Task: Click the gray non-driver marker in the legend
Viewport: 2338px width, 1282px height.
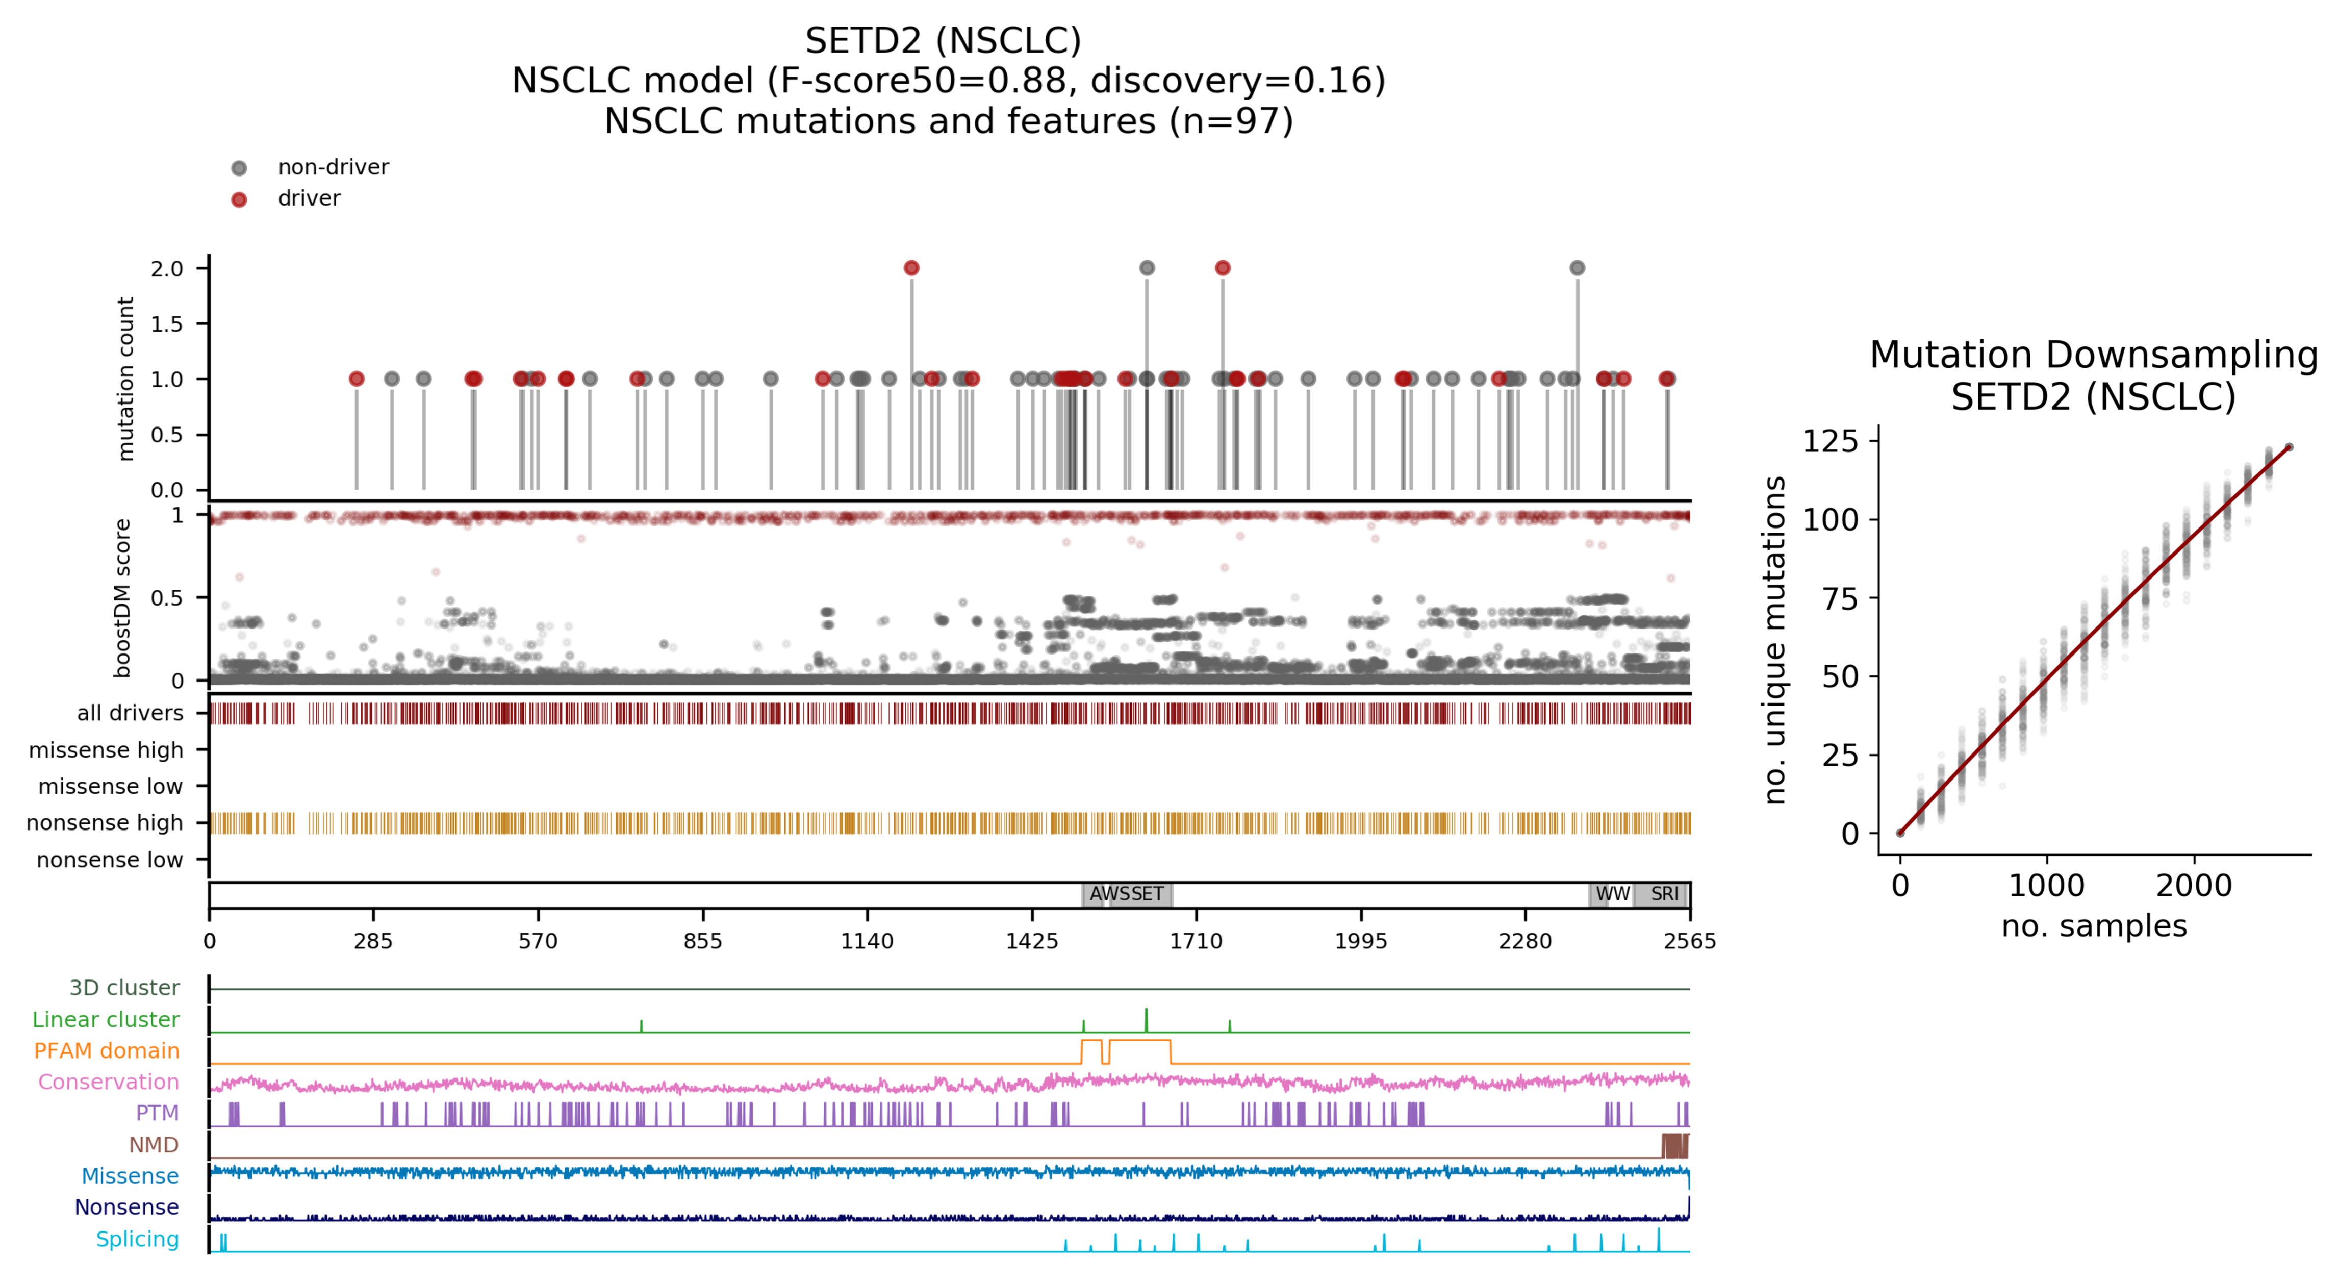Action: pyautogui.click(x=239, y=168)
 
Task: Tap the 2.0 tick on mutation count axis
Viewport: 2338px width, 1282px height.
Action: pyautogui.click(x=167, y=269)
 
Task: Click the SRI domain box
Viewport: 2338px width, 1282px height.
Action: pyautogui.click(x=1663, y=894)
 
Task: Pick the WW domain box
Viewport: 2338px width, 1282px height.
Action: pyautogui.click(x=1611, y=894)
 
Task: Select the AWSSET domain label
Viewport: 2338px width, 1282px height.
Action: pyautogui.click(x=1126, y=894)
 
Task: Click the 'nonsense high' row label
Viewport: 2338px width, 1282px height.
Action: pyautogui.click(x=105, y=822)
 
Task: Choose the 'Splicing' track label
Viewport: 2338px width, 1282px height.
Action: pyautogui.click(x=137, y=1239)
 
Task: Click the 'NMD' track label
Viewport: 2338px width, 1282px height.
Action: pyautogui.click(x=154, y=1145)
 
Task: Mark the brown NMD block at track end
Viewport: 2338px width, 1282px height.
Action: pyautogui.click(x=1674, y=1145)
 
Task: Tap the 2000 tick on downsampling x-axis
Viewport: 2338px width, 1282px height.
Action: pyautogui.click(x=2194, y=885)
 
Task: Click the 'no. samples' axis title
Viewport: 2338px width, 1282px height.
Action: pyautogui.click(x=2094, y=926)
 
